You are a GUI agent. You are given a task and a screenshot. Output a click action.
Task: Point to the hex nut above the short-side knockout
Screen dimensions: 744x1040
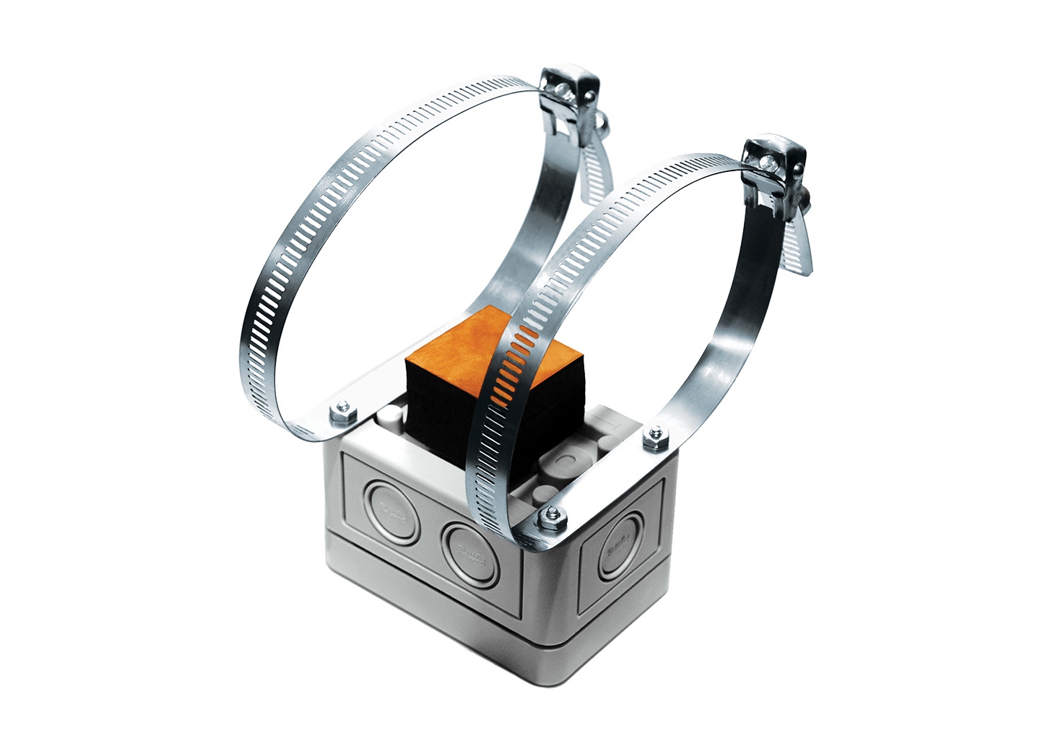(x=654, y=435)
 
